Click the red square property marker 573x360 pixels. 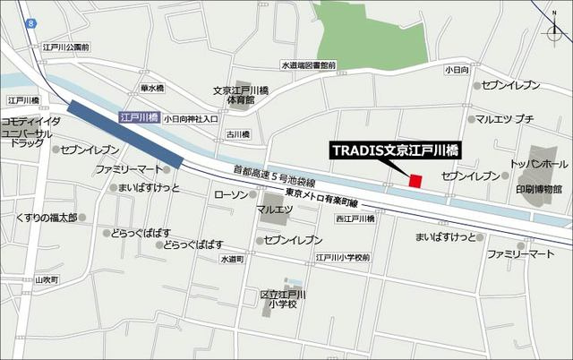pos(415,181)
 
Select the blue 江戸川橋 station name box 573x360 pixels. pos(139,117)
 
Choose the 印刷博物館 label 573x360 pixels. pos(538,189)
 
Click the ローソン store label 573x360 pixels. pos(232,194)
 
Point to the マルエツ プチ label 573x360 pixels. pos(505,118)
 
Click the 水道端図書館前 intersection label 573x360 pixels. pos(308,65)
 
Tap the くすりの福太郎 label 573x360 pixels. pos(47,218)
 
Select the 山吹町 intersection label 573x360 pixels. pos(46,280)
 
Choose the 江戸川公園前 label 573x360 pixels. pos(67,47)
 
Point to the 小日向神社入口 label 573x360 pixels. pos(191,117)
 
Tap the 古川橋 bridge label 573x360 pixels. pos(237,134)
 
